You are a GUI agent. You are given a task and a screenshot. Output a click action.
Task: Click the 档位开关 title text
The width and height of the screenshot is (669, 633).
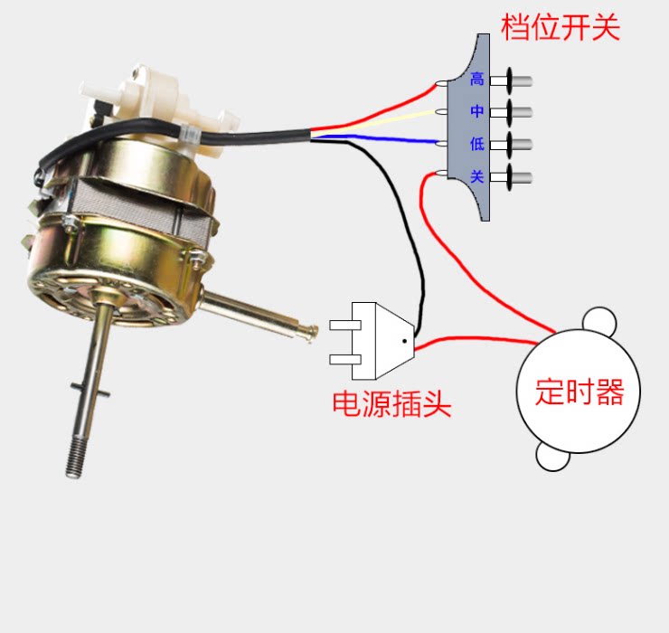coord(561,27)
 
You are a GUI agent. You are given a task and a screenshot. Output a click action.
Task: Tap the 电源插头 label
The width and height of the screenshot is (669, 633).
coord(391,403)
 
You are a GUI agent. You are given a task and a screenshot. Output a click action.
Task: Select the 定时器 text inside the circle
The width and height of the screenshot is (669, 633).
coord(579,392)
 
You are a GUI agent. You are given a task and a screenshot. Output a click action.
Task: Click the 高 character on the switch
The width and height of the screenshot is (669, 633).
coord(477,80)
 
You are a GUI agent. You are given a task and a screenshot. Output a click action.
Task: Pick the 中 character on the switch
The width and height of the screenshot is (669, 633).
coord(477,112)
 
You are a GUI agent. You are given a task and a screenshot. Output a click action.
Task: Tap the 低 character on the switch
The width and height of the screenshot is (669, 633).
coord(477,144)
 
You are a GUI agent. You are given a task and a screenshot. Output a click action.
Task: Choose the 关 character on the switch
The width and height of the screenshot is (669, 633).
coord(477,176)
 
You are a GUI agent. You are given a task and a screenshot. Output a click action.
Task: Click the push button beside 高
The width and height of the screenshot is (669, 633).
coord(512,80)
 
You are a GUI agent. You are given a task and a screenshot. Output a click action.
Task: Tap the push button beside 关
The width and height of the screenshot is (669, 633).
coord(512,176)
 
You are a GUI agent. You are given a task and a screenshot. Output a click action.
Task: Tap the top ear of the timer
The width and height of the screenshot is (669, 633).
coord(598,319)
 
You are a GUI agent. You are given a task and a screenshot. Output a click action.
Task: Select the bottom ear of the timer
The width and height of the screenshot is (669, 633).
coord(552,457)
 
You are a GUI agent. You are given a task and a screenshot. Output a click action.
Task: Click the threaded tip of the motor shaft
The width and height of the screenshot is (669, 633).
coord(75,457)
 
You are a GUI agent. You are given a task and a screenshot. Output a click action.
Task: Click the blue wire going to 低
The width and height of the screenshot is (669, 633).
coord(380,139)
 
